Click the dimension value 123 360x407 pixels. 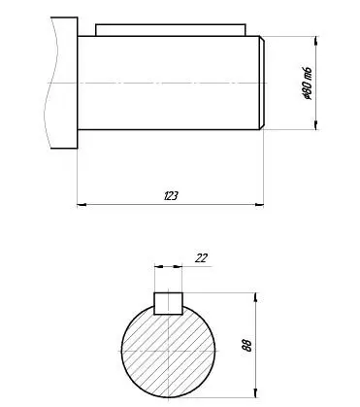point(171,195)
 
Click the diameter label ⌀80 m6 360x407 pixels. point(307,84)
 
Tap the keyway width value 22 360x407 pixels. point(201,258)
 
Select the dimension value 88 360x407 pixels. point(246,345)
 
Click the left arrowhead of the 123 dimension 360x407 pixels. point(82,205)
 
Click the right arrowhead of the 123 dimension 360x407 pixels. point(259,205)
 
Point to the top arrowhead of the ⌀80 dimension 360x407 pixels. point(316,41)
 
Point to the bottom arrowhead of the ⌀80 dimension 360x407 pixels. point(316,125)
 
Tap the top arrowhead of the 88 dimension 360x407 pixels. point(256,297)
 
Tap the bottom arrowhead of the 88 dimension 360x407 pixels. point(256,392)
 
